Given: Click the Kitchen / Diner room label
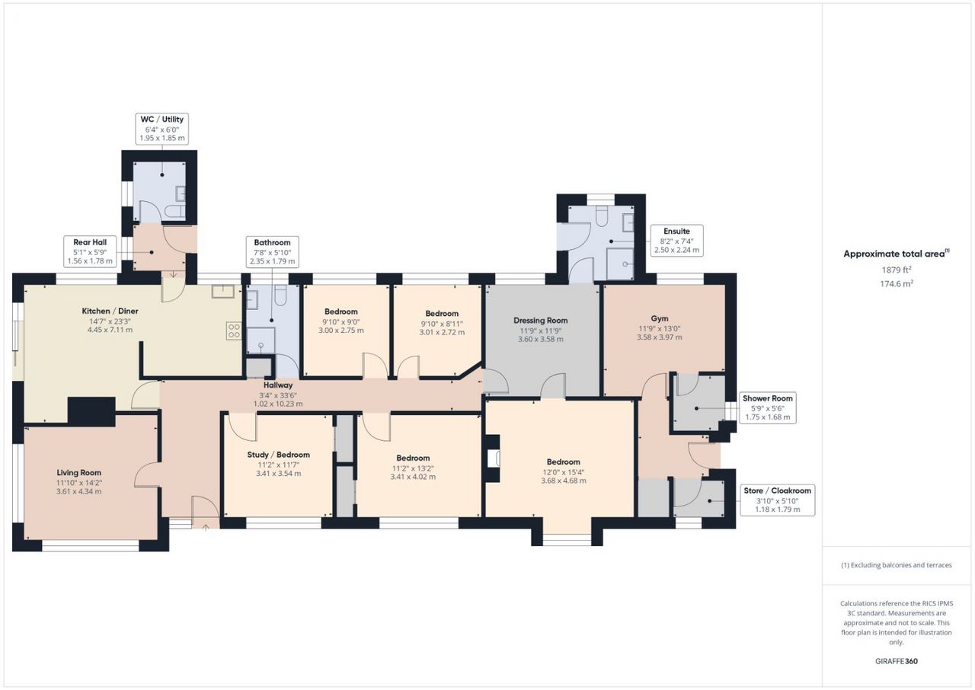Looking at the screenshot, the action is coord(110,311).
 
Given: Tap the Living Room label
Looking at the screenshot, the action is coord(78,472).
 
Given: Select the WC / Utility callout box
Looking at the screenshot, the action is coord(162,129).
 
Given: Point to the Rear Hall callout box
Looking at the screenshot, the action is coord(90,251).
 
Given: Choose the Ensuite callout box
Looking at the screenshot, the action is coord(677,241).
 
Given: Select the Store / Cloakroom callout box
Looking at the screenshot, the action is coord(778,500).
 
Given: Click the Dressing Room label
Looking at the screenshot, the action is coord(541,321).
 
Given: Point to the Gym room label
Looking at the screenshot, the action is coord(660,318).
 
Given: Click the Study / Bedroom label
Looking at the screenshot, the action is coord(279,455).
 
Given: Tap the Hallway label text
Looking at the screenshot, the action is coord(278,385).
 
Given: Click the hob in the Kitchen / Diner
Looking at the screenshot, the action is coord(234,331).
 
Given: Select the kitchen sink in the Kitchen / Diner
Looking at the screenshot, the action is coord(223,291).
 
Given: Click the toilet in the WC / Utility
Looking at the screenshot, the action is coord(175,212).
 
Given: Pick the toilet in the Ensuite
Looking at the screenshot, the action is coord(601,216).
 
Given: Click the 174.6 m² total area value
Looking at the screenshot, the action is coord(897,283).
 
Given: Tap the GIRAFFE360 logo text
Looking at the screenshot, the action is coord(897,661).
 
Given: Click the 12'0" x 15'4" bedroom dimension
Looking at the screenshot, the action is coord(563,472).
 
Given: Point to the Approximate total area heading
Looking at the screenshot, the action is coord(897,254).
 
